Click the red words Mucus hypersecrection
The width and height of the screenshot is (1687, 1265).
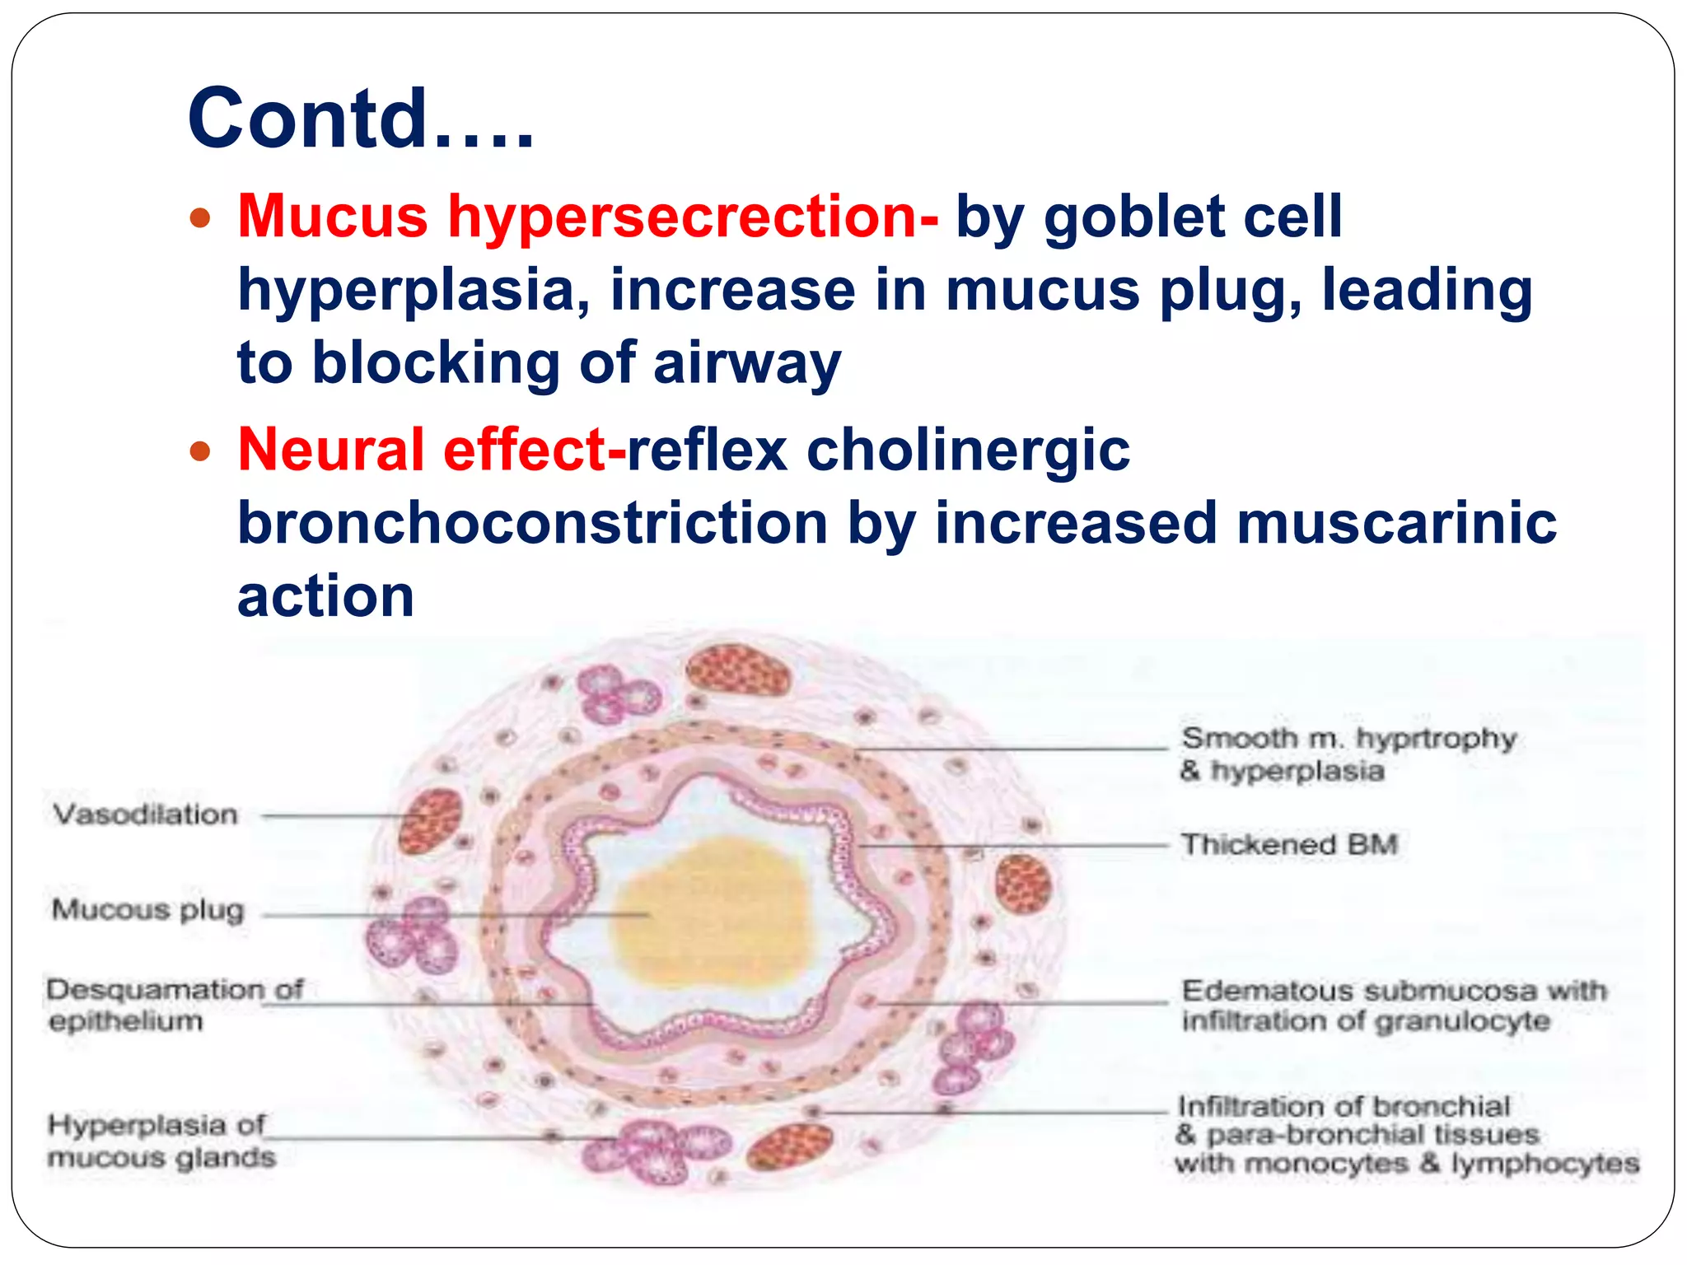tap(586, 217)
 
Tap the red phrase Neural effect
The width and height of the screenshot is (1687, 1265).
tap(430, 450)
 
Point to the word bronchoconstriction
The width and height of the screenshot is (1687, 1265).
tap(532, 523)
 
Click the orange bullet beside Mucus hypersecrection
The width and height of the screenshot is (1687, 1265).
tap(200, 219)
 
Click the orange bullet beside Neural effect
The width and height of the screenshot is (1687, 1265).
tap(200, 452)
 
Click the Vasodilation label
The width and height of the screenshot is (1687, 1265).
tap(146, 815)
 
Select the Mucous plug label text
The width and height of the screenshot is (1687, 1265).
tap(148, 909)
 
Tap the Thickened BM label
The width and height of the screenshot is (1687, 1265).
tap(1288, 844)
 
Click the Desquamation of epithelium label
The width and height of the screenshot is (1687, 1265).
tap(174, 1005)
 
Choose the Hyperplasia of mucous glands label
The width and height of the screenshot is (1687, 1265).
tap(161, 1141)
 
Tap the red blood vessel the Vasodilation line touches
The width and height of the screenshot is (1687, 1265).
tap(429, 820)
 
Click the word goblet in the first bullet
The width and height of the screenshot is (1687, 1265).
tap(1134, 217)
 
